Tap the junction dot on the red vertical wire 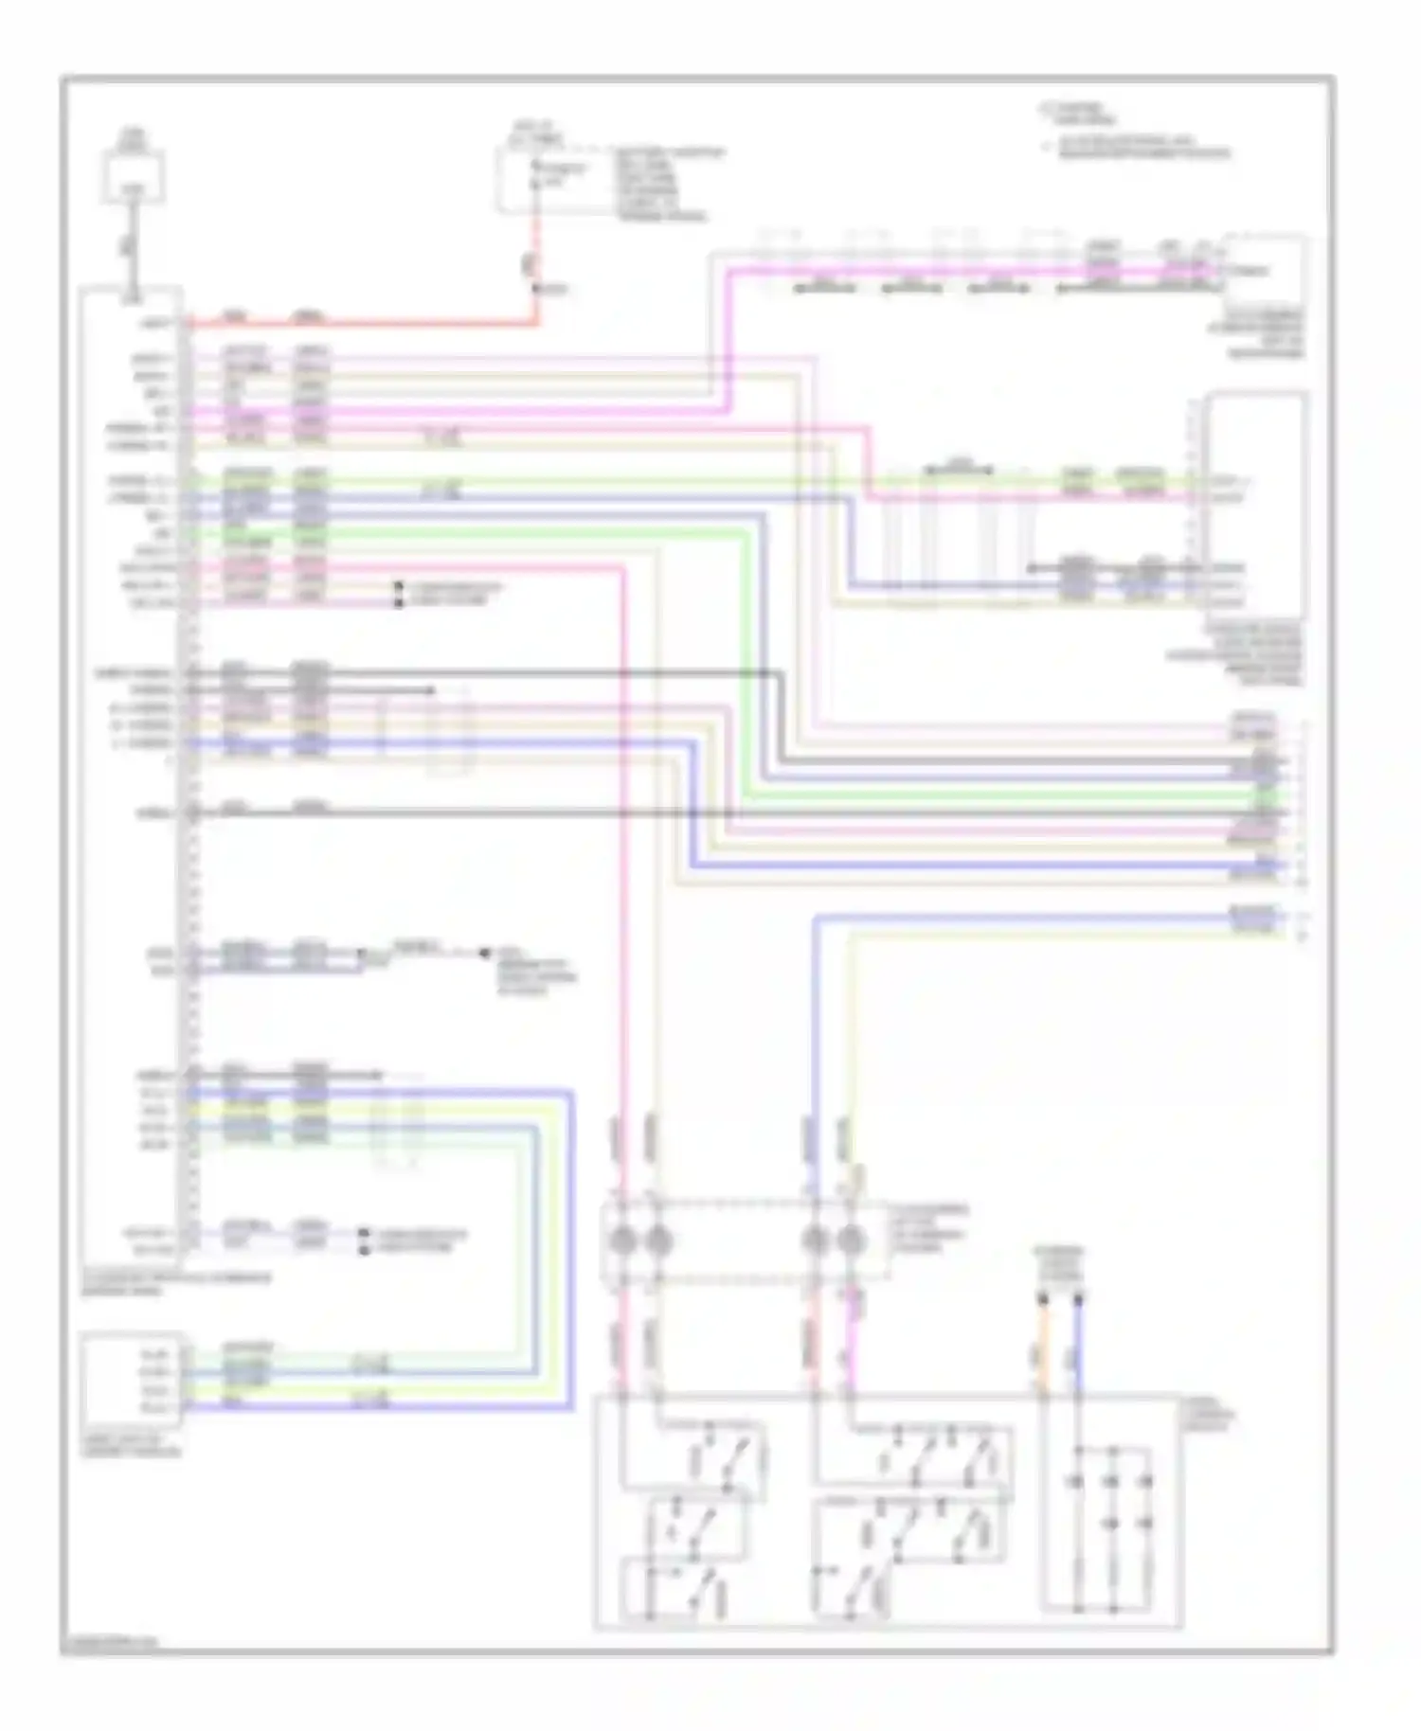click(x=537, y=288)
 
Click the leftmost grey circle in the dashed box click(x=621, y=1240)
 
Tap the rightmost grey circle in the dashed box click(x=851, y=1240)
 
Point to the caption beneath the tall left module click(x=175, y=1282)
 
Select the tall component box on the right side click(x=1255, y=502)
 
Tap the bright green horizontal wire click(x=474, y=534)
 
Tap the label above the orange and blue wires click(x=1059, y=1264)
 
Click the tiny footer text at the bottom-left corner click(x=109, y=1645)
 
